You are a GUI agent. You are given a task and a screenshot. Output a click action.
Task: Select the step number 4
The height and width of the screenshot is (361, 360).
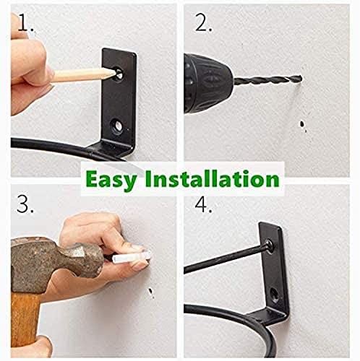point(205,204)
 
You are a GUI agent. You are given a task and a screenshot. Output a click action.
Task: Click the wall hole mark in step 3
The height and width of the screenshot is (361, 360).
point(150,292)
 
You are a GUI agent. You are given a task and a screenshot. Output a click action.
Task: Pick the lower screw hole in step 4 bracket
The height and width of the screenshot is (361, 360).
point(275,294)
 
